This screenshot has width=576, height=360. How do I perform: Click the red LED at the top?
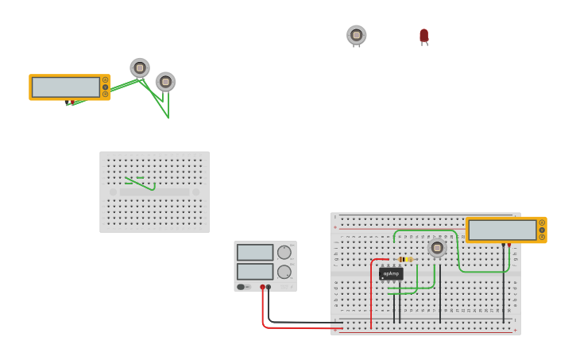(423, 35)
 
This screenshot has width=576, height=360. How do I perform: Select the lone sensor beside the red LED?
(357, 35)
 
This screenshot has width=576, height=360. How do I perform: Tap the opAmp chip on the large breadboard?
(391, 273)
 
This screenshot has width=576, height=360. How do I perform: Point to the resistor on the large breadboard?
(404, 259)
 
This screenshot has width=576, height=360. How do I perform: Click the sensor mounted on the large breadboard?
(437, 247)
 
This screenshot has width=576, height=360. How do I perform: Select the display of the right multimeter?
(502, 230)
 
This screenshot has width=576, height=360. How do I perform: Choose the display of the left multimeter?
(65, 87)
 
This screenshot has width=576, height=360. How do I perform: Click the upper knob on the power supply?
(284, 252)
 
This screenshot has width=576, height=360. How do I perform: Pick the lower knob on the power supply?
(284, 272)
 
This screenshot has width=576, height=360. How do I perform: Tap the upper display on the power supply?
(254, 252)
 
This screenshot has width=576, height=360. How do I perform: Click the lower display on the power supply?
(254, 271)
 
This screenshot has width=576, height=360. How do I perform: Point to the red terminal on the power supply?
(262, 287)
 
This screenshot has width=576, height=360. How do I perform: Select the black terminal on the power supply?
(269, 287)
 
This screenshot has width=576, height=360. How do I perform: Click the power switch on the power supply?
(241, 287)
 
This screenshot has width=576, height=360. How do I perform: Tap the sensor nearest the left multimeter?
(140, 68)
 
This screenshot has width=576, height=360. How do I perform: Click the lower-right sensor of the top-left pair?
(165, 81)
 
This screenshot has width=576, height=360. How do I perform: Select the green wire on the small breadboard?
(141, 184)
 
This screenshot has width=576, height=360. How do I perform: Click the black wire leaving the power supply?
(302, 322)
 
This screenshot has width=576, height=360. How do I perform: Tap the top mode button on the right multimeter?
(542, 223)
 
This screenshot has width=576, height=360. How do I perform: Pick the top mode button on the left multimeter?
(105, 80)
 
